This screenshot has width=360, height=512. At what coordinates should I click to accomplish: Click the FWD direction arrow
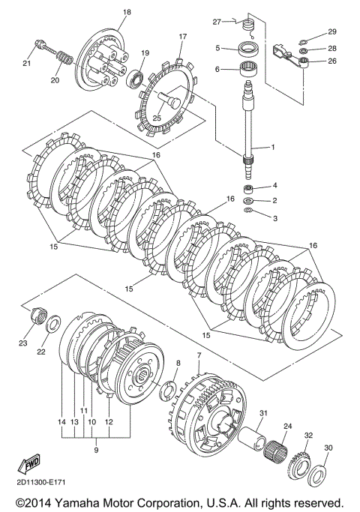point(28,464)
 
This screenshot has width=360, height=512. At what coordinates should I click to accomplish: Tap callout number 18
point(127,12)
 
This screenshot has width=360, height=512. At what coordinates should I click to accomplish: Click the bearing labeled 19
point(134,78)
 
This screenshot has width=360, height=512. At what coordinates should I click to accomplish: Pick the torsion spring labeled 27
point(248,27)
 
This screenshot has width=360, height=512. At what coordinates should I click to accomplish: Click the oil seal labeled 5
point(249,49)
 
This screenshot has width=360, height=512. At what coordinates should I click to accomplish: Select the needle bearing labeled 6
point(249,70)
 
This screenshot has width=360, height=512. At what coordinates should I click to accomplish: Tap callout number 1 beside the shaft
point(273,147)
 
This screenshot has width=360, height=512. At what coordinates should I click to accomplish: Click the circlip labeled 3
point(249,211)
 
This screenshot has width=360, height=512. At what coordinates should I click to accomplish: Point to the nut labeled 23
point(37,316)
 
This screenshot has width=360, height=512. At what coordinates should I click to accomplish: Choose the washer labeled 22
point(52,323)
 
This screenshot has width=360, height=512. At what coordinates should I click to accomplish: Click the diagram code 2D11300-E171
point(40,482)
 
